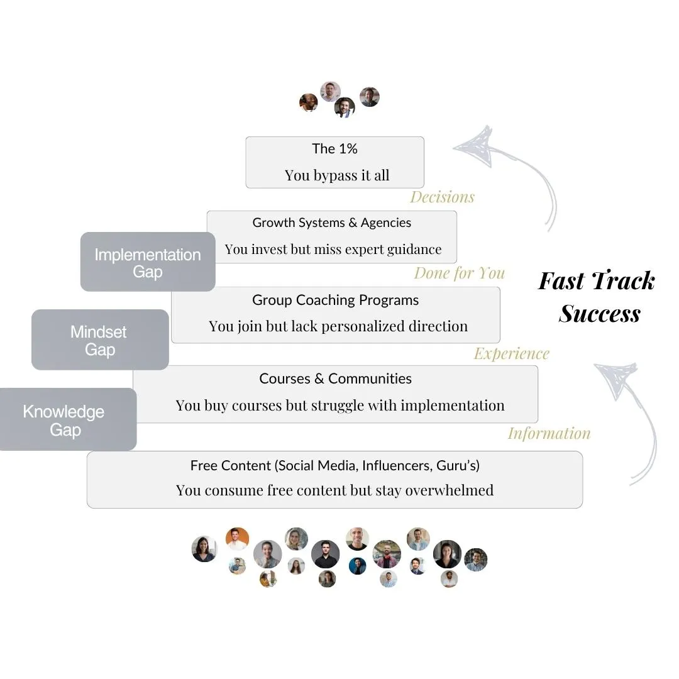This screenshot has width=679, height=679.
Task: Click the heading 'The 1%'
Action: pyautogui.click(x=334, y=149)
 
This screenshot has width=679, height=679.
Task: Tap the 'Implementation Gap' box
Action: pyautogui.click(x=148, y=263)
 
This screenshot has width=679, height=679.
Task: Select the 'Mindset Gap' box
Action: pyautogui.click(x=99, y=340)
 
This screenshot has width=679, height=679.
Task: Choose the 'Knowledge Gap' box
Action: pyautogui.click(x=64, y=421)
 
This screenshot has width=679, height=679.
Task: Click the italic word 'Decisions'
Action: pyautogui.click(x=442, y=197)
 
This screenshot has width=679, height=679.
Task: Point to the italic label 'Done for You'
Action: pyautogui.click(x=460, y=273)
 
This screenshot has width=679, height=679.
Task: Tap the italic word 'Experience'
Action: pyautogui.click(x=511, y=354)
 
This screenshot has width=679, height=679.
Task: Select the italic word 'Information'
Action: pyautogui.click(x=549, y=434)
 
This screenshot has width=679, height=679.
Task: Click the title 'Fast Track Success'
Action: pyautogui.click(x=597, y=297)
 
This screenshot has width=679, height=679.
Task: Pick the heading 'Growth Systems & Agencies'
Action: pyautogui.click(x=331, y=223)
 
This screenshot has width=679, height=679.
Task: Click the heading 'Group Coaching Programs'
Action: pyautogui.click(x=335, y=301)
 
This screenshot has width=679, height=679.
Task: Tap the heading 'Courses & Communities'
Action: pyautogui.click(x=335, y=379)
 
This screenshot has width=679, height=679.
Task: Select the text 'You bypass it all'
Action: pyautogui.click(x=337, y=175)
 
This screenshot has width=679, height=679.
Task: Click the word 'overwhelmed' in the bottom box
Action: pyautogui.click(x=449, y=490)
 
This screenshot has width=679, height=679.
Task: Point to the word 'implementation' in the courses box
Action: pyautogui.click(x=452, y=406)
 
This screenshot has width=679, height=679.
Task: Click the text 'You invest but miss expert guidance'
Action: pyautogui.click(x=333, y=250)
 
